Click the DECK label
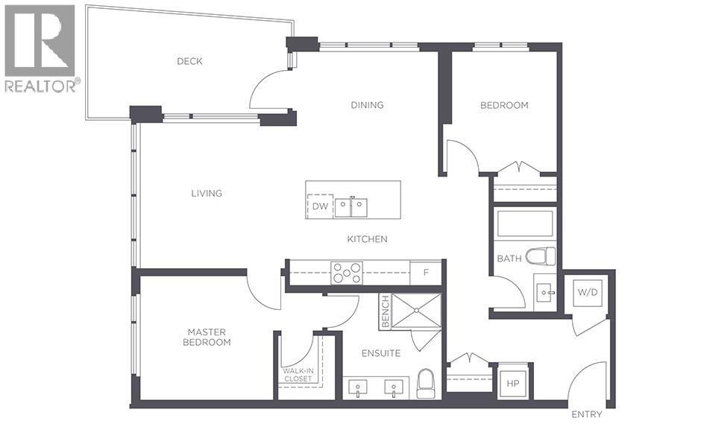189,61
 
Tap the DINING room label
367,105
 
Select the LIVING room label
206,193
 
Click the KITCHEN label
367,239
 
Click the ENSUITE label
382,353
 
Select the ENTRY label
586,414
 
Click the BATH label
509,259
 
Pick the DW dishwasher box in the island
320,206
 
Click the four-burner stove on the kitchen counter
347,273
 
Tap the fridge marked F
426,273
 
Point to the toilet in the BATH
541,256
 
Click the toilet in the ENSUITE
426,383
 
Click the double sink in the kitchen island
350,206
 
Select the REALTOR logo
40,48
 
